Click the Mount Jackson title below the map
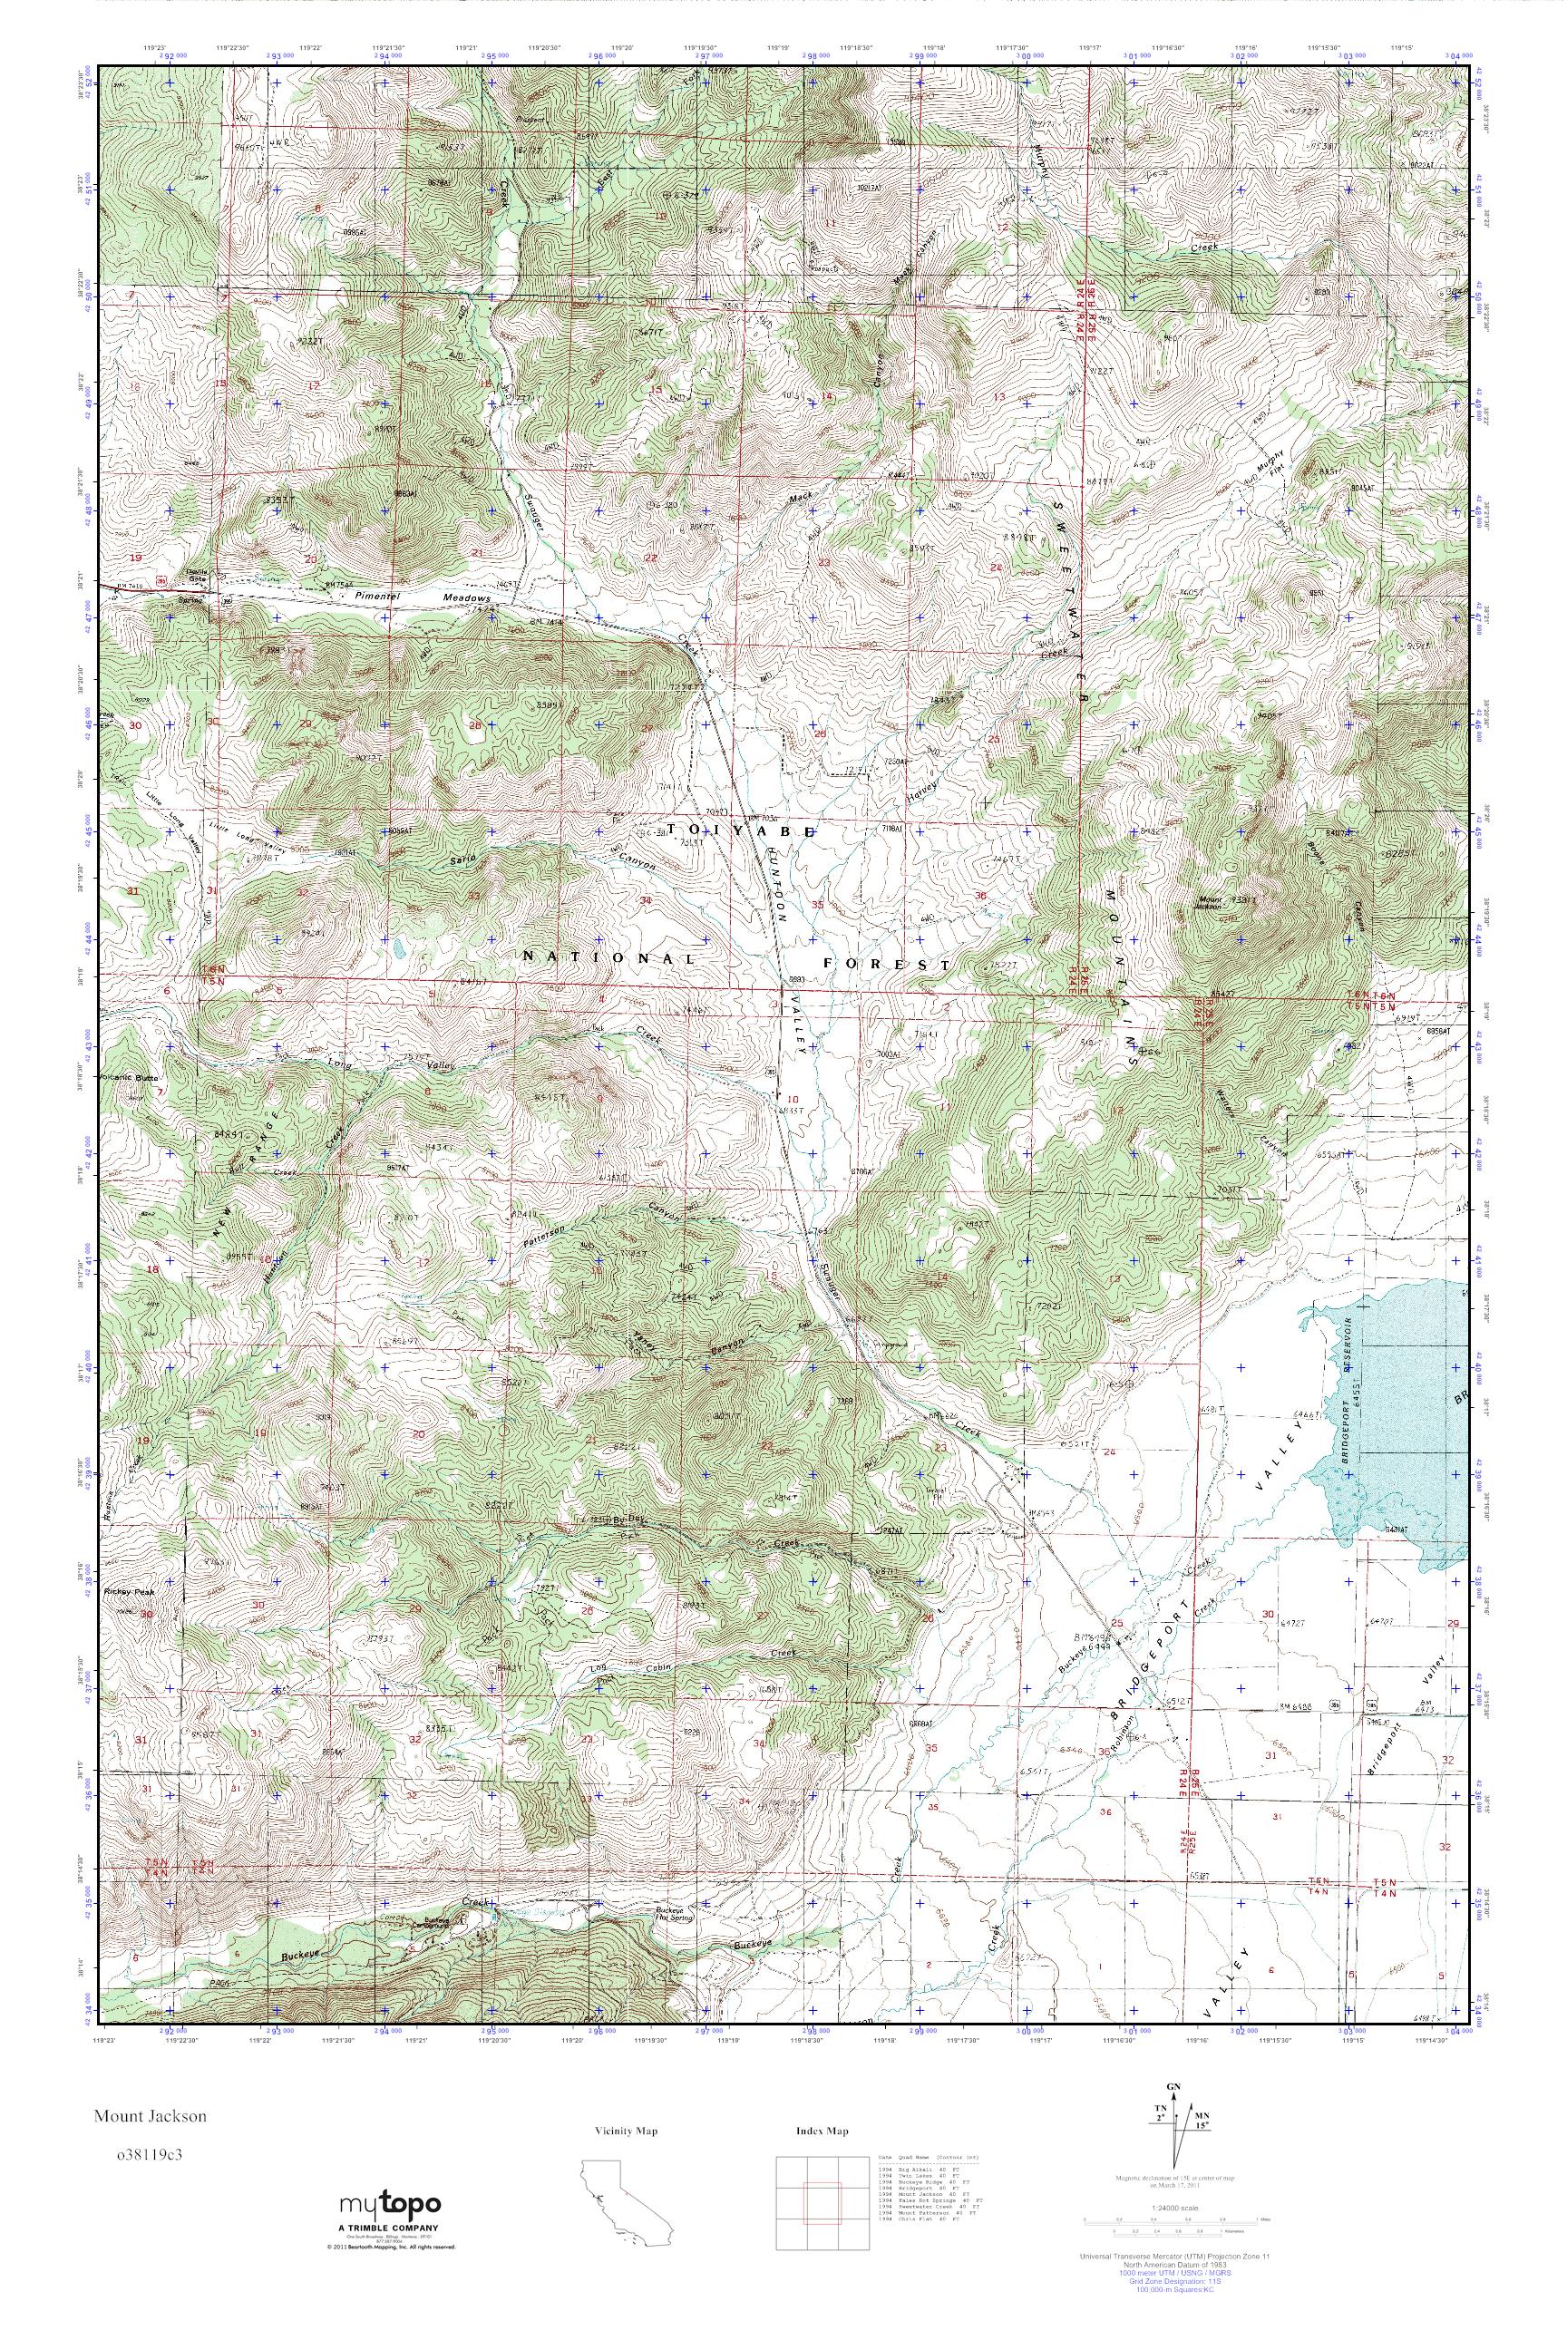(x=151, y=2116)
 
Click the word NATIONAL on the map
(x=608, y=957)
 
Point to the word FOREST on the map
(x=885, y=964)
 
